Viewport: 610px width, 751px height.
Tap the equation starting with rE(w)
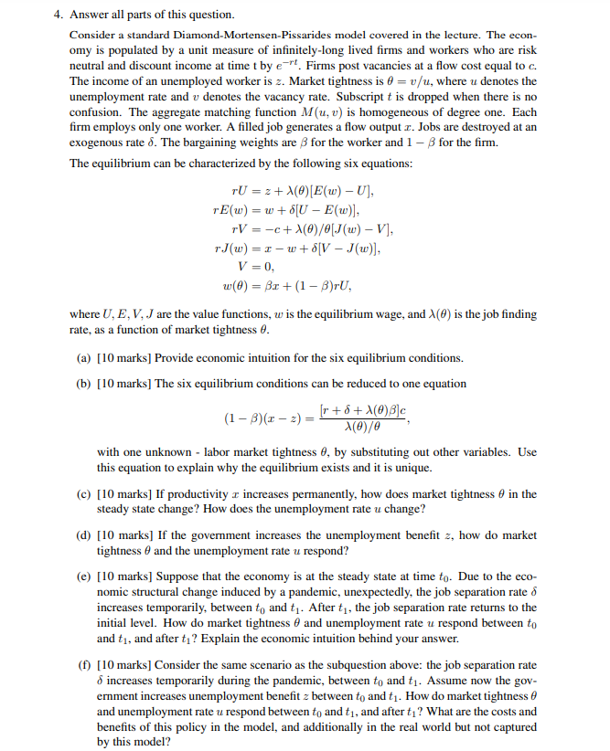tap(298, 210)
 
